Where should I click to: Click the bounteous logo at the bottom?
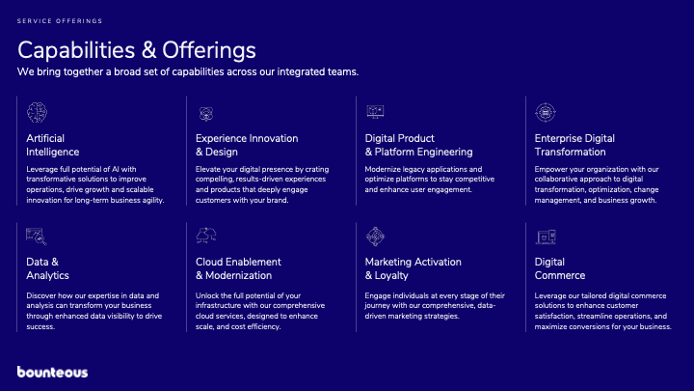[x=52, y=372]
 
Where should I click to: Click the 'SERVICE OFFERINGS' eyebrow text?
[x=60, y=21]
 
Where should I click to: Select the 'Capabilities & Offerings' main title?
[x=136, y=49]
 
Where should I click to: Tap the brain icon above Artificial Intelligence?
[x=37, y=112]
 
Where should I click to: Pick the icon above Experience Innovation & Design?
[x=206, y=114]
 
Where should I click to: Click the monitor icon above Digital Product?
[x=375, y=111]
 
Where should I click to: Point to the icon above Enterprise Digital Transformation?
[x=546, y=113]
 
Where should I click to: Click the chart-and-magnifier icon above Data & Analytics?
[x=37, y=237]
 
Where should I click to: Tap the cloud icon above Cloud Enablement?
[x=206, y=236]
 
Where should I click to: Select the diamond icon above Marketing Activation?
[x=375, y=237]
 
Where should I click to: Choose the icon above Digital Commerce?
[x=546, y=237]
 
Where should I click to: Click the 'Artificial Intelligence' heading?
[x=52, y=145]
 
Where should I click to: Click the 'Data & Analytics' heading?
[x=47, y=268]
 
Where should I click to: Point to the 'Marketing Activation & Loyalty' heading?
[x=413, y=268]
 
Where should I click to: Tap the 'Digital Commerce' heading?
[x=559, y=268]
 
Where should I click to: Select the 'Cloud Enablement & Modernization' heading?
[x=238, y=268]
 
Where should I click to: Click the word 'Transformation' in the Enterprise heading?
[x=570, y=153]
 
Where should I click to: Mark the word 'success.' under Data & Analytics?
[x=40, y=326]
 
